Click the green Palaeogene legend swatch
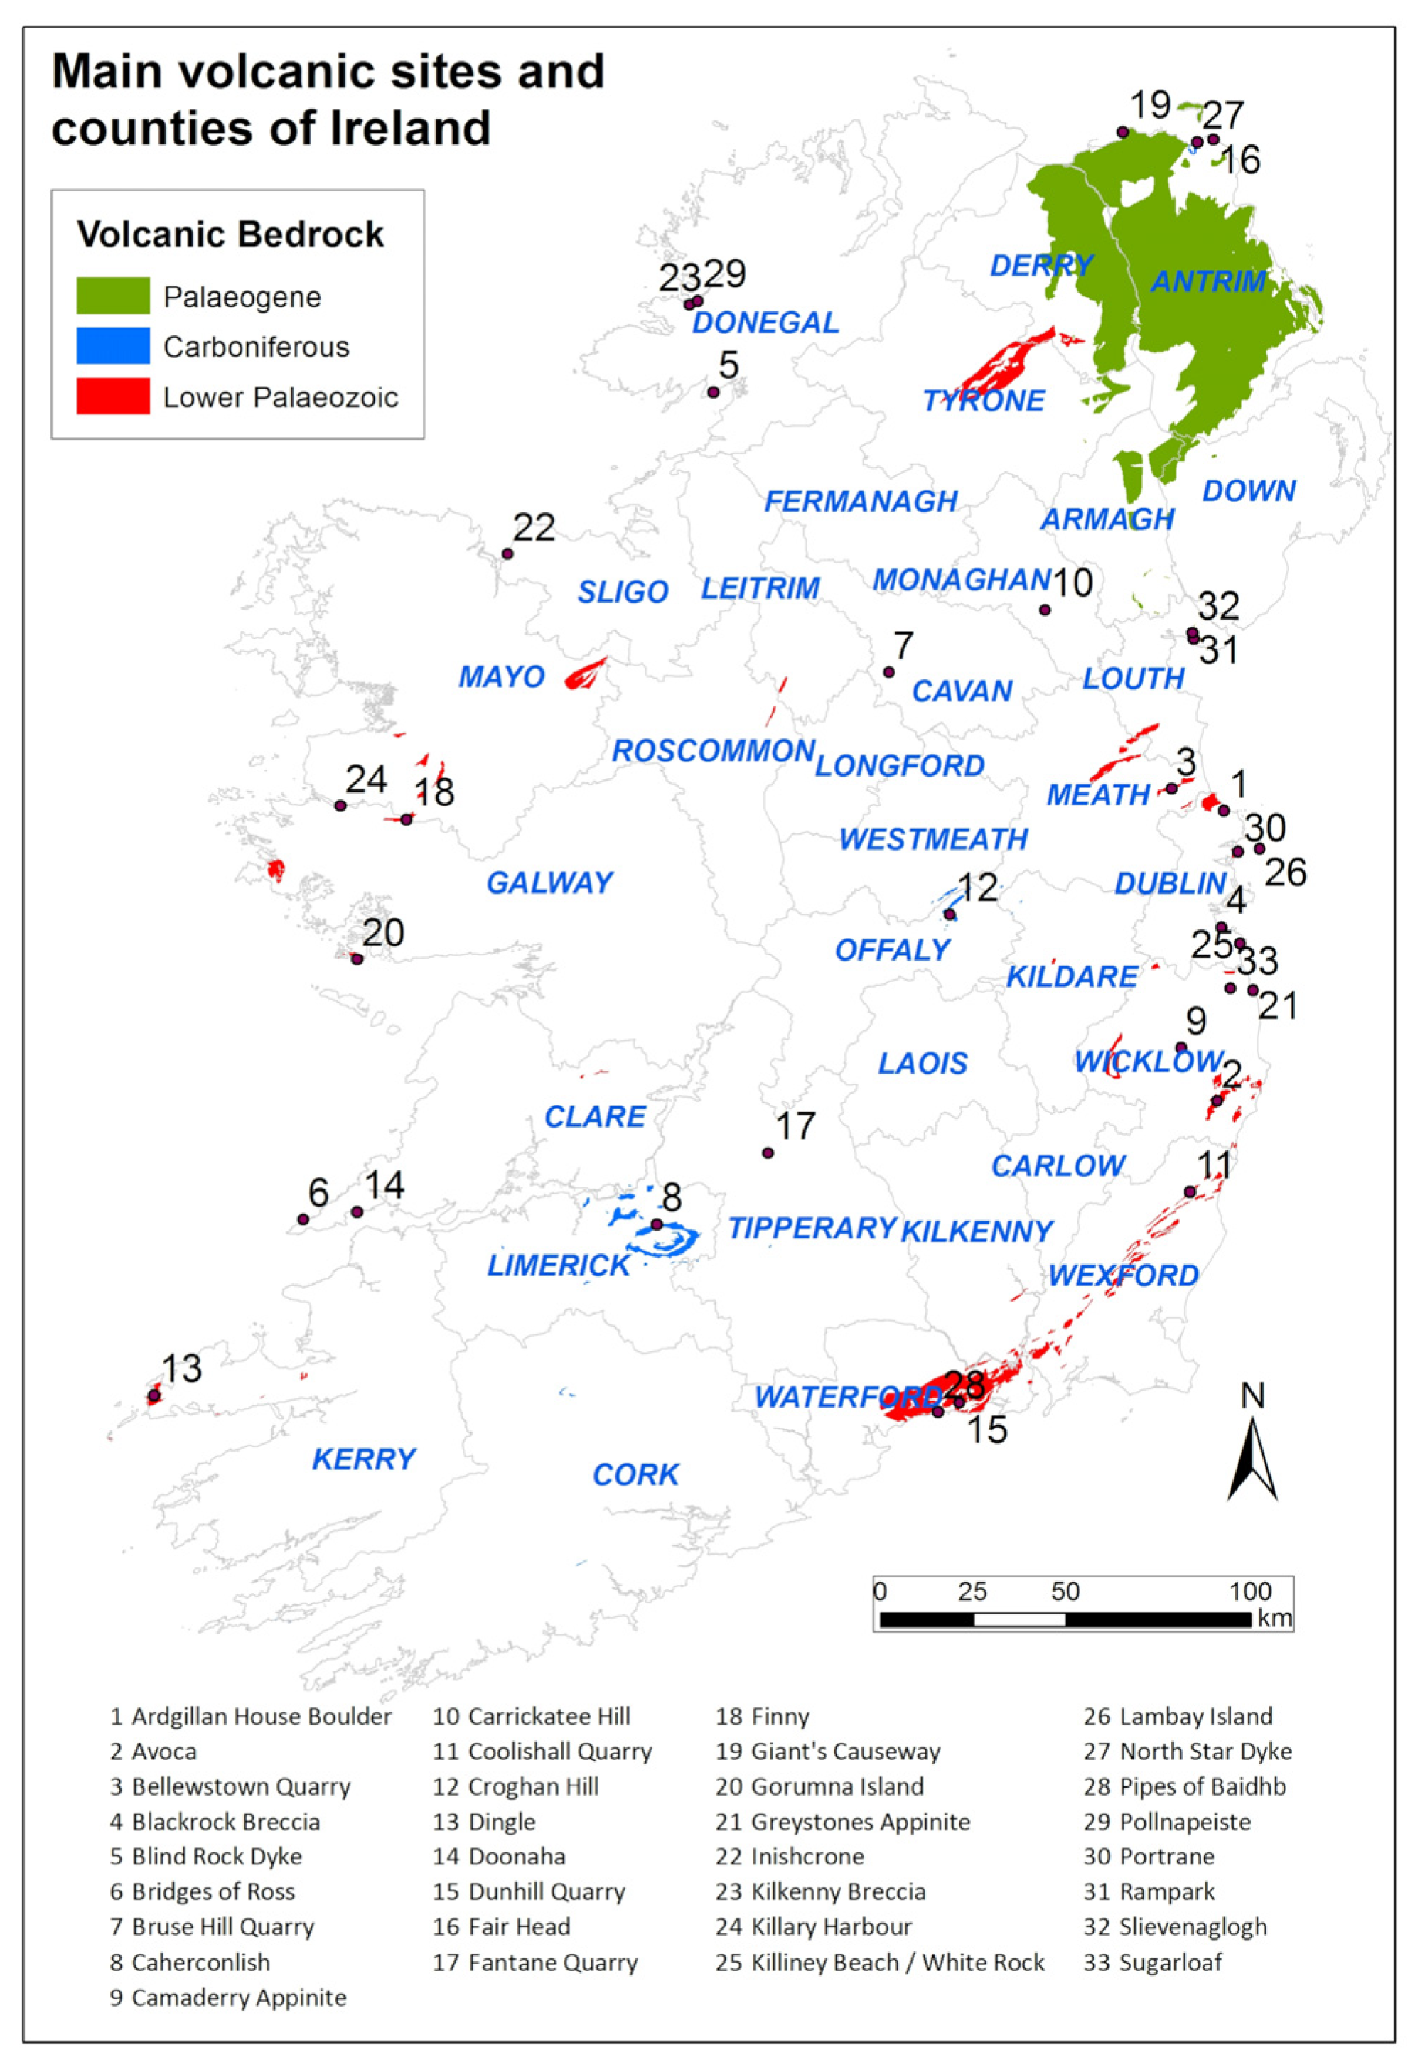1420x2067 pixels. (112, 296)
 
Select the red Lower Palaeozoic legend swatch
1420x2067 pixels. (112, 396)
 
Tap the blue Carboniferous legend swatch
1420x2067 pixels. (112, 347)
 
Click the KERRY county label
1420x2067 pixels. (364, 1459)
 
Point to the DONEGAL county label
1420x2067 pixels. (765, 322)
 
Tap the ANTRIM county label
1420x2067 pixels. (1208, 281)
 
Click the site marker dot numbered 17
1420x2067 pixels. (768, 1153)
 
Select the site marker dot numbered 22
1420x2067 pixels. (507, 554)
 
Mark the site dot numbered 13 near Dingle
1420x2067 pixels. (154, 1396)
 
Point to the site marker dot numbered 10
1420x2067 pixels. (1045, 610)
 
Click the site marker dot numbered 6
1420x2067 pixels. (303, 1219)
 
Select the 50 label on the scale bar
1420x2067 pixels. (1065, 1590)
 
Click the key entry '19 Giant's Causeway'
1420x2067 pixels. (827, 1752)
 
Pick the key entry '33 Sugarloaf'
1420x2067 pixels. (1153, 1962)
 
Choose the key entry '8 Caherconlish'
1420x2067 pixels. (190, 1962)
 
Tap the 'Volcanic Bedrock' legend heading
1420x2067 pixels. (231, 234)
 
